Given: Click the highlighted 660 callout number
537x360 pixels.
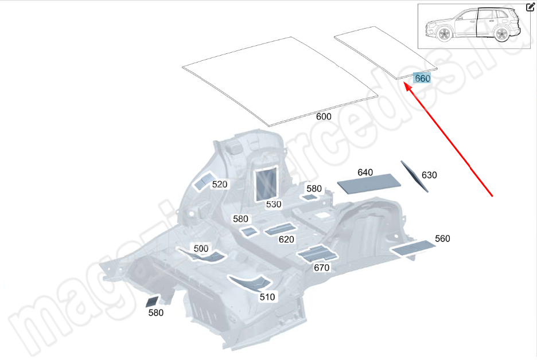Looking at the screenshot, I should coord(422,79).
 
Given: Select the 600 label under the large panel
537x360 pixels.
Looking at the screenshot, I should coord(324,116).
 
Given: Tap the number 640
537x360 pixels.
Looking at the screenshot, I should coord(365,173).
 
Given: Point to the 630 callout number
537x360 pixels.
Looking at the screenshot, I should coord(429,175).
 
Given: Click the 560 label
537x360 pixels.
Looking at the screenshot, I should coord(442,239).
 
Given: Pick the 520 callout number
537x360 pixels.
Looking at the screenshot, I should coord(220,185).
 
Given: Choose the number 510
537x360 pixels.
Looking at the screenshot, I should coord(267,297).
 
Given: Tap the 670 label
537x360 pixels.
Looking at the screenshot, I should coord(322,267).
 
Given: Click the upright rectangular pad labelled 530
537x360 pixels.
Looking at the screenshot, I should coord(266,182).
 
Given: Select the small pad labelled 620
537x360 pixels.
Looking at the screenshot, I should coord(279,230).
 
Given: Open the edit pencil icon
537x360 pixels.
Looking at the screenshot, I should coord(530,7).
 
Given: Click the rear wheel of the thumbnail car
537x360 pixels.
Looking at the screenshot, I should coord(501,34).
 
